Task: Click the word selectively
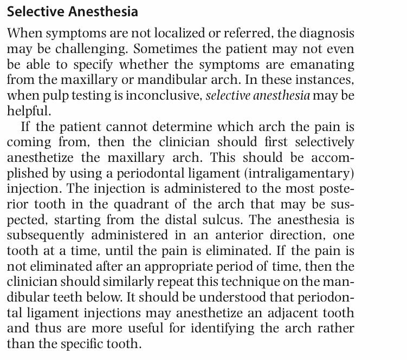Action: (x=321, y=142)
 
